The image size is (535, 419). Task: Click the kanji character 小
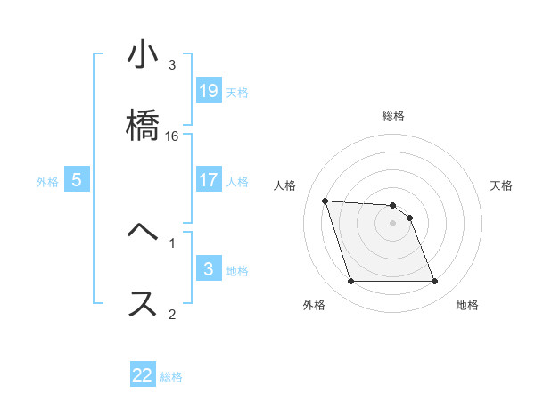[143, 56]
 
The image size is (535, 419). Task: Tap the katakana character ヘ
[143, 231]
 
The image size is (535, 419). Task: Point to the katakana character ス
[143, 303]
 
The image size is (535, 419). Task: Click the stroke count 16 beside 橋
[172, 136]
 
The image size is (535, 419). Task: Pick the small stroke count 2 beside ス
[172, 314]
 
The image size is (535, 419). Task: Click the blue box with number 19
[209, 91]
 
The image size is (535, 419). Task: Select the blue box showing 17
[209, 180]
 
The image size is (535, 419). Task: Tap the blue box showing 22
[143, 375]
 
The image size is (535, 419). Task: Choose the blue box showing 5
[77, 180]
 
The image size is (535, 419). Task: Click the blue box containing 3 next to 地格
[209, 269]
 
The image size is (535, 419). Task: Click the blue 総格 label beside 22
[171, 377]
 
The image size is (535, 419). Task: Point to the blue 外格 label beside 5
[47, 181]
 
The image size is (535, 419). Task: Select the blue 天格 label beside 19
[237, 92]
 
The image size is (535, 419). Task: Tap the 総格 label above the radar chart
[392, 116]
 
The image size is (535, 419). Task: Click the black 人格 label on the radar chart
[284, 185]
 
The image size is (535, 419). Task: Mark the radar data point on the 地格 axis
[434, 282]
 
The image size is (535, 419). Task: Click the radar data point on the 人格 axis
[325, 201]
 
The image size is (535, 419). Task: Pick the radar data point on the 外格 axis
[350, 282]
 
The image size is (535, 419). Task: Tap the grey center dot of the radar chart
[392, 223]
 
